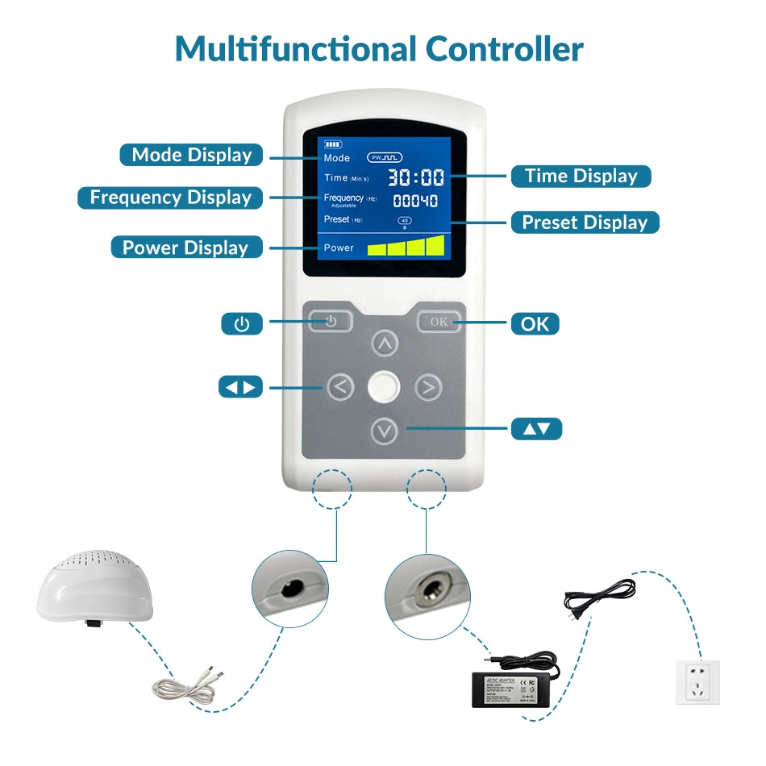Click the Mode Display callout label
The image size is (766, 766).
(192, 155)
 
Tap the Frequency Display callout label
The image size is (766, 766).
(170, 198)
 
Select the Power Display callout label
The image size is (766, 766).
(185, 248)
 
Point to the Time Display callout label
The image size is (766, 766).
(581, 176)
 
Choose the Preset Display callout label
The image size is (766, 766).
(585, 223)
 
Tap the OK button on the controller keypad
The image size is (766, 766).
(439, 322)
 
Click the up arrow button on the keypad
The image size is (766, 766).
(385, 344)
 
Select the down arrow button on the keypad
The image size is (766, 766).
(385, 431)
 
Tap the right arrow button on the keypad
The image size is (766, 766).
(428, 388)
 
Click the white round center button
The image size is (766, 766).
(384, 387)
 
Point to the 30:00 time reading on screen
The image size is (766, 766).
(416, 178)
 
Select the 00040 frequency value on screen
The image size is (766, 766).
(415, 201)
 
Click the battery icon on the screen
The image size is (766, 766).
(333, 144)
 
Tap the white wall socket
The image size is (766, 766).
(697, 681)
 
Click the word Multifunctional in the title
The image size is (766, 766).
(296, 49)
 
